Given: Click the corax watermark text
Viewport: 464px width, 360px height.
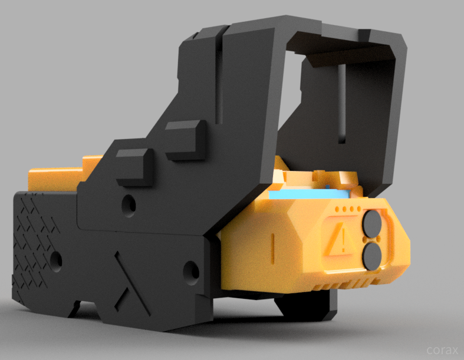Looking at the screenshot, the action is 442,350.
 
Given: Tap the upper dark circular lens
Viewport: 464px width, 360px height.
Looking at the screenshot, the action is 372,224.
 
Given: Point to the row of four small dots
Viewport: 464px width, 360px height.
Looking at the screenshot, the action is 348,209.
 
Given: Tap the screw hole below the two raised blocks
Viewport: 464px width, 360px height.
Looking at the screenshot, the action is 129,204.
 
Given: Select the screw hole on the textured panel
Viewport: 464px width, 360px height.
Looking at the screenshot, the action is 55,261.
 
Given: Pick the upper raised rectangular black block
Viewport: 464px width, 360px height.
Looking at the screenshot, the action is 186,140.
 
